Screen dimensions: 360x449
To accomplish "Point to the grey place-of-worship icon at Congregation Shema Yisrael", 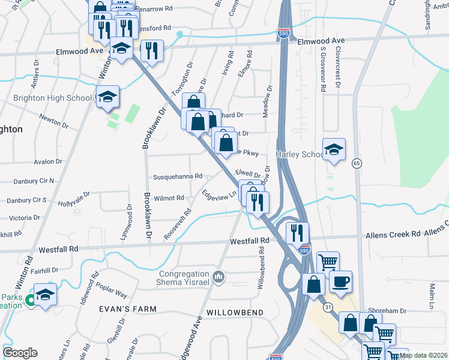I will pyautogui.click(x=218, y=277).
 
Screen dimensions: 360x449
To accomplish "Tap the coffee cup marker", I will pyautogui.click(x=340, y=281).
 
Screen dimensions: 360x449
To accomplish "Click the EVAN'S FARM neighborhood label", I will pyautogui.click(x=128, y=309).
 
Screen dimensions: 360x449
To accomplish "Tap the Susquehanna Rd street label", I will pyautogui.click(x=178, y=177).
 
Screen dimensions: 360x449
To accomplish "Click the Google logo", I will pyautogui.click(x=20, y=353).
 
